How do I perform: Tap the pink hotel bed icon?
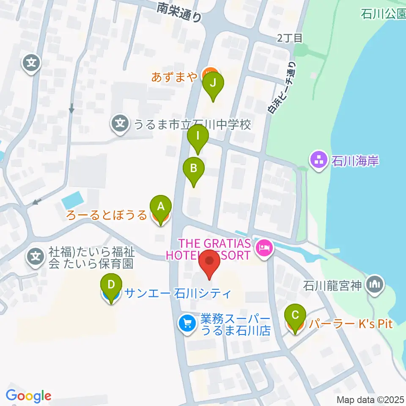tap(265, 247)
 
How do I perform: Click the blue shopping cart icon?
tap(187, 324)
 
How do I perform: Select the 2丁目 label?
tap(290, 38)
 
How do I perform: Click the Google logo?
tap(29, 395)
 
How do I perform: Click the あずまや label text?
tap(175, 77)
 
